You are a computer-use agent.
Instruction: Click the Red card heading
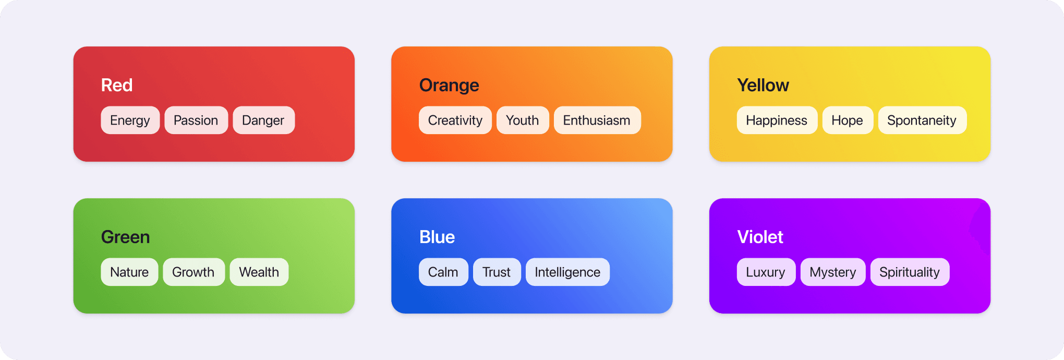click(117, 85)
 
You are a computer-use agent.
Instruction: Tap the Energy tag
click(130, 121)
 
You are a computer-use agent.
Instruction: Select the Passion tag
click(196, 121)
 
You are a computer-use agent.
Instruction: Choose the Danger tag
click(263, 121)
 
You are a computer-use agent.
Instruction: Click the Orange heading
click(449, 85)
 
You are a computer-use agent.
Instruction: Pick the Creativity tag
click(455, 121)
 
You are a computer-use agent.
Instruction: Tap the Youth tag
click(522, 121)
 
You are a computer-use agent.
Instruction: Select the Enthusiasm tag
click(597, 121)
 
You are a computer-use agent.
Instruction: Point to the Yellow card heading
click(763, 85)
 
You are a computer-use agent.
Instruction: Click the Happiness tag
click(777, 121)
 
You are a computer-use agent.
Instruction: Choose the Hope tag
click(847, 121)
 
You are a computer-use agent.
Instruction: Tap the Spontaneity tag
click(922, 121)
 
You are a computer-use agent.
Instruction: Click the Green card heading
click(126, 237)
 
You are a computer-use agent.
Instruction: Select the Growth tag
click(194, 272)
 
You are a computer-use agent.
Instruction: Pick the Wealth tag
click(259, 272)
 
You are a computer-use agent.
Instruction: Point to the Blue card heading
click(437, 237)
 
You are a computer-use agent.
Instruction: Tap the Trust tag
click(497, 272)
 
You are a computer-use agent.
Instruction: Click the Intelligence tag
click(567, 272)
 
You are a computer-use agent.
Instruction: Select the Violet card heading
click(760, 237)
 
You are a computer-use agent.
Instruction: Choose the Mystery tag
click(833, 272)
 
